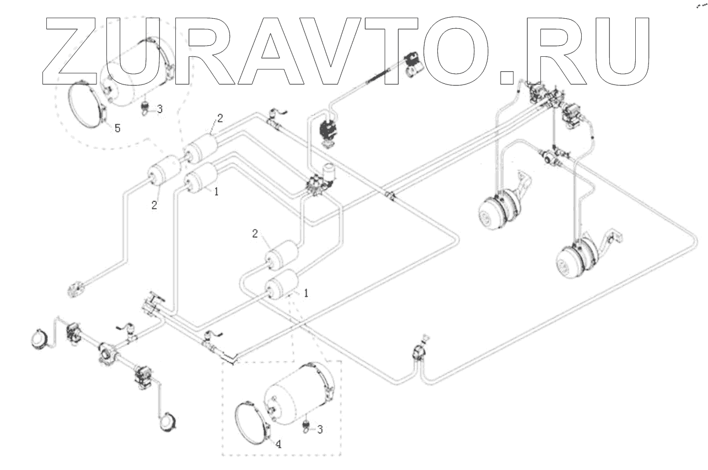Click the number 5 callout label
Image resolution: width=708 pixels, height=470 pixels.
click(x=117, y=128)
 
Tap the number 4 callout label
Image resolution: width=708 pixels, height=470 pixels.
click(x=278, y=444)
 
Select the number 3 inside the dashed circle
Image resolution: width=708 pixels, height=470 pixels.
click(x=159, y=109)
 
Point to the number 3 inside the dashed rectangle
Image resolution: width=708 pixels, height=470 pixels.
click(x=319, y=428)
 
